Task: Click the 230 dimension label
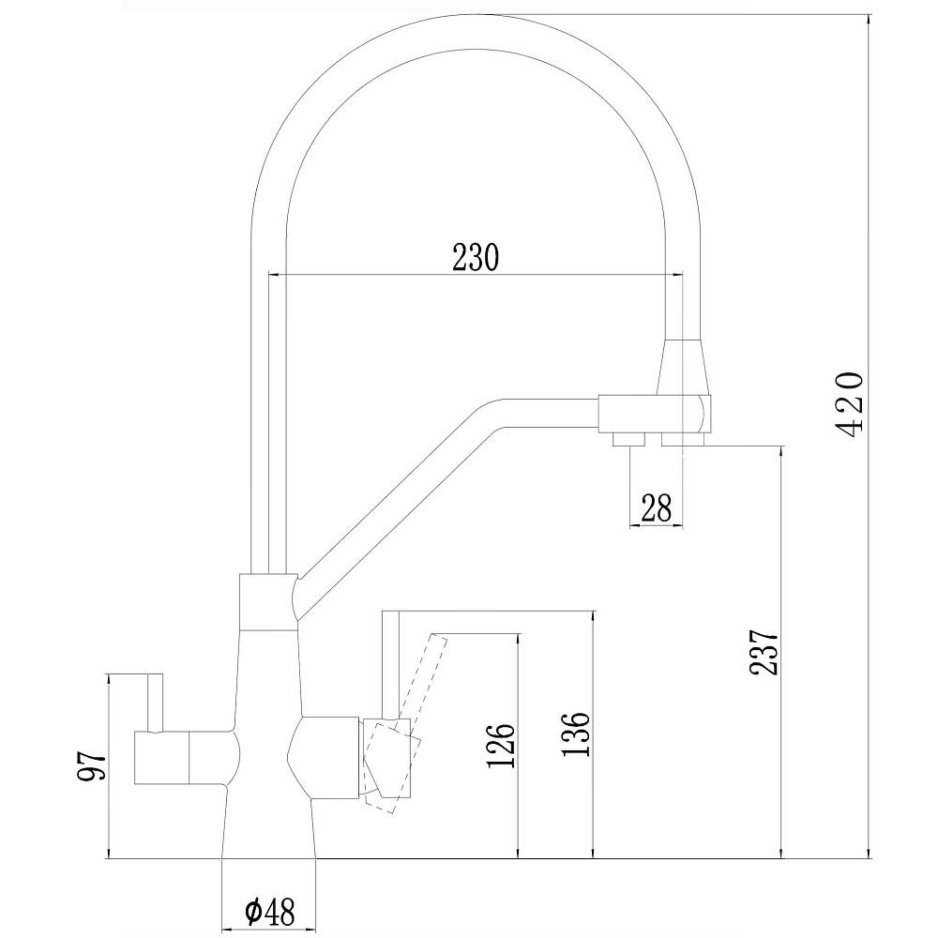pos(476,256)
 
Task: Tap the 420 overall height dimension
pos(850,403)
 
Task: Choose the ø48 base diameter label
pos(270,910)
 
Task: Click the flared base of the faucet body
pos(270,825)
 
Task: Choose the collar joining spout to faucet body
pos(268,600)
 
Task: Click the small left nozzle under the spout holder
pos(626,438)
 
